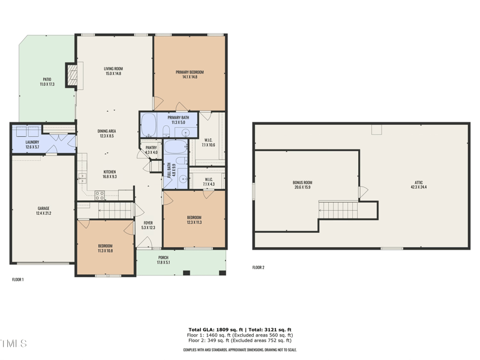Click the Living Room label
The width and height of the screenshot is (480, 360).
click(113, 71)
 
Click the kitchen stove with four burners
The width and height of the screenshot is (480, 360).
click(100, 194)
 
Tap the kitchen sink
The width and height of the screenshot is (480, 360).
click(82, 178)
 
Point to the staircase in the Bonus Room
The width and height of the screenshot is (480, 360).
click(338, 210)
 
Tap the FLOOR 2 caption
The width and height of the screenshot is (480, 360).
click(258, 267)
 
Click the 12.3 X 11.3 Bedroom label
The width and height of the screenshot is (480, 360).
click(194, 220)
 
